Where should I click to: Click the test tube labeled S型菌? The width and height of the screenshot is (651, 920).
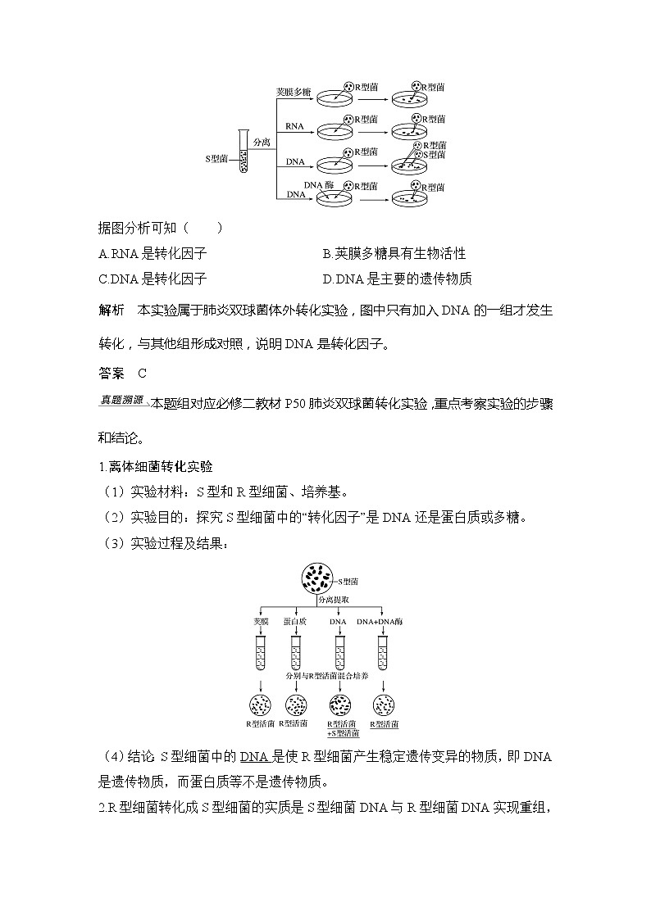pyautogui.click(x=243, y=152)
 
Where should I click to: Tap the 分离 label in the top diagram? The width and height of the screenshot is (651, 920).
pyautogui.click(x=262, y=141)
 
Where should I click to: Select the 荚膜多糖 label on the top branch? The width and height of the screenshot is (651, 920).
pyautogui.click(x=293, y=91)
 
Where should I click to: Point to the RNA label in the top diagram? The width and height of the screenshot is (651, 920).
pyautogui.click(x=293, y=125)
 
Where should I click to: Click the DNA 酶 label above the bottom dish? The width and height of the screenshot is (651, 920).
pyautogui.click(x=318, y=186)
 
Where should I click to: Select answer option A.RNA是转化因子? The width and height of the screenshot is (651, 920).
pyautogui.click(x=152, y=254)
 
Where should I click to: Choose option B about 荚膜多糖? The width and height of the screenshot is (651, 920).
pyautogui.click(x=394, y=254)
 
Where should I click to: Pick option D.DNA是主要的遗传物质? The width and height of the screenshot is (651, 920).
pyautogui.click(x=397, y=279)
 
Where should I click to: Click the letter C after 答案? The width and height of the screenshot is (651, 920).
pyautogui.click(x=142, y=374)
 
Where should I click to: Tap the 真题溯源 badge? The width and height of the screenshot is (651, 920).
pyautogui.click(x=121, y=401)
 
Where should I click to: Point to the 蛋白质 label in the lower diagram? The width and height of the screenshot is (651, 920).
pyautogui.click(x=295, y=622)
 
